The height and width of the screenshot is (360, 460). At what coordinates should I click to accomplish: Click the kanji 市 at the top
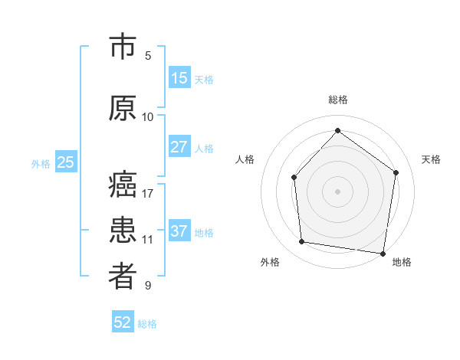coord(122,47)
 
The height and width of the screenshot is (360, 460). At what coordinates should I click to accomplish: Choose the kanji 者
coord(122,277)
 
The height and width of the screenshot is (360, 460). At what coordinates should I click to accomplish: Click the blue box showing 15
coord(179,78)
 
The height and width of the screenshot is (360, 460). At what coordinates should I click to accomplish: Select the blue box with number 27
coord(179,148)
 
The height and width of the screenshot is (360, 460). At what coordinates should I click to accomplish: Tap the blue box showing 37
coord(179,232)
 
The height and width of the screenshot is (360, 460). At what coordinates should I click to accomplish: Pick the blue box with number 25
coord(65,162)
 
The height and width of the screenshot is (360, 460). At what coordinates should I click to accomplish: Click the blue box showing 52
coord(123,322)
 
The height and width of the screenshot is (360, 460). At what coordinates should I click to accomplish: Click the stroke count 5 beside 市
coord(148,55)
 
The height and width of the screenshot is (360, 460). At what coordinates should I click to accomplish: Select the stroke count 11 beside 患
coord(148,239)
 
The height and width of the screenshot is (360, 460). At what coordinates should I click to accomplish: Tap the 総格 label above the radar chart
coord(337,100)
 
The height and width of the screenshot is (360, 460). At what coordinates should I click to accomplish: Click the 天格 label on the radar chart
coord(431,159)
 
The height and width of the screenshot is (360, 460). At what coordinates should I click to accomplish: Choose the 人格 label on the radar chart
coord(245,159)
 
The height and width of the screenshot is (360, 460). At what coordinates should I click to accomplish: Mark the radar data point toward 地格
coord(383,253)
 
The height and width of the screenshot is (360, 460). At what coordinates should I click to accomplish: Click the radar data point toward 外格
coord(302,242)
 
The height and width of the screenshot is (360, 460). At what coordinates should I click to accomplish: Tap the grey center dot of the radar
coord(337,191)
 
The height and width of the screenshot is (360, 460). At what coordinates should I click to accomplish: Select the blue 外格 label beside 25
coord(40,163)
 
